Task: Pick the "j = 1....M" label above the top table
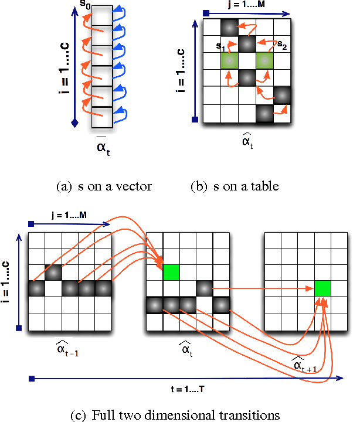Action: (247, 4)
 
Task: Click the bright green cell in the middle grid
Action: (171, 272)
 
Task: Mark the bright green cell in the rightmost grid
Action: (322, 288)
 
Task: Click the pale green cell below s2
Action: (265, 60)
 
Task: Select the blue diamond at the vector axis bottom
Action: (74, 122)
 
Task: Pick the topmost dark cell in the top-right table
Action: (229, 27)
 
